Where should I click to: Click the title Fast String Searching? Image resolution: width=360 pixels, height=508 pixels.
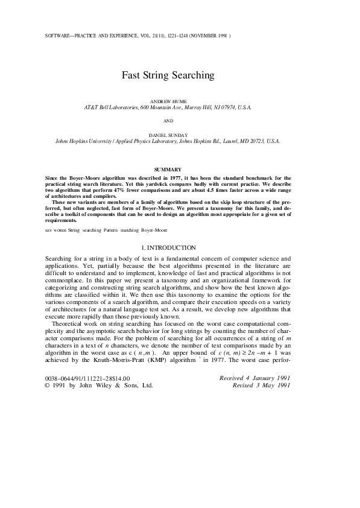(168, 75)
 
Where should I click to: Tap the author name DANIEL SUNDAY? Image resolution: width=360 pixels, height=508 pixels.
(168, 135)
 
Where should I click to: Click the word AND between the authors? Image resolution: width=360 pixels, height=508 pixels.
(168, 121)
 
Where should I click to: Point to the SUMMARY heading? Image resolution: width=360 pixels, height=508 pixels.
(168, 170)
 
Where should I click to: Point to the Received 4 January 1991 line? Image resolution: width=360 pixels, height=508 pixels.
(256, 378)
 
